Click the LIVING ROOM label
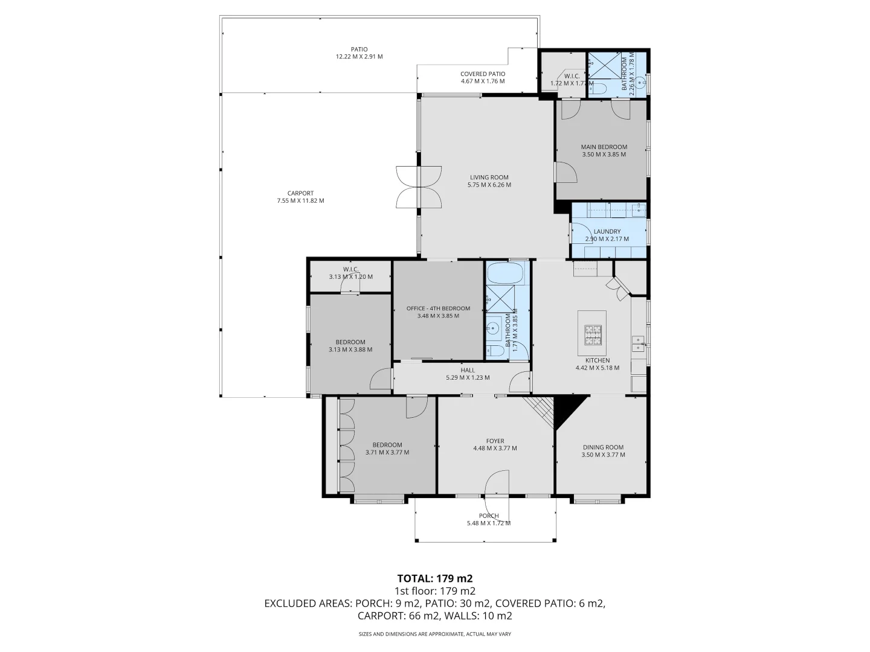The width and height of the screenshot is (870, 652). [489, 177]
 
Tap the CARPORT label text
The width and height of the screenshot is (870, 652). [300, 193]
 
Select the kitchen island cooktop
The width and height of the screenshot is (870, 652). [592, 334]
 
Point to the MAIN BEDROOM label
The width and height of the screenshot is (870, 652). [604, 147]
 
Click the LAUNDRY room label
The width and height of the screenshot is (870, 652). [607, 231]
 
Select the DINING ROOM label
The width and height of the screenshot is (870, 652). [603, 447]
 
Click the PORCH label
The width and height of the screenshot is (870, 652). [489, 516]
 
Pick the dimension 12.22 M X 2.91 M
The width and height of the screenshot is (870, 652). [359, 57]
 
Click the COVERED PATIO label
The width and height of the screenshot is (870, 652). [482, 74]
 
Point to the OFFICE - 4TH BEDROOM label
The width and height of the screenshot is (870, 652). [438, 308]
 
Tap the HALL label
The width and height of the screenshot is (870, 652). [467, 370]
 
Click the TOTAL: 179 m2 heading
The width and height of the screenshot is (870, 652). [434, 578]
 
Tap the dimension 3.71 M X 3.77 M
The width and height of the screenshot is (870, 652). [387, 452]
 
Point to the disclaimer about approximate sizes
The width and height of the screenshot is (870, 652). [434, 634]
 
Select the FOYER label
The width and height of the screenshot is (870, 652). [495, 441]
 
